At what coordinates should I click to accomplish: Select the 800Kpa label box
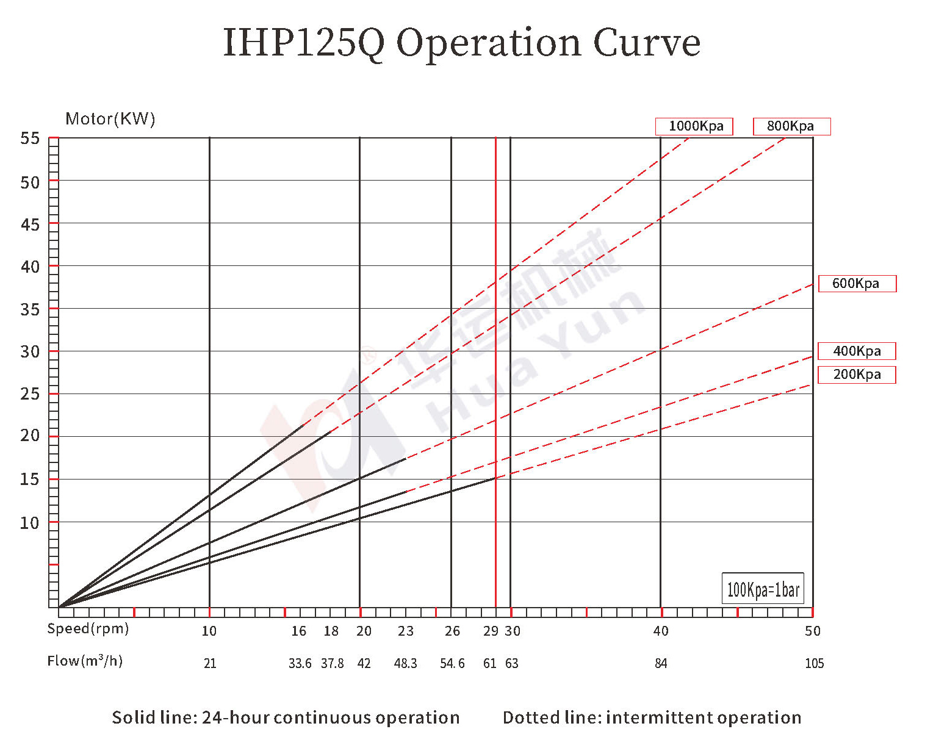click(x=791, y=126)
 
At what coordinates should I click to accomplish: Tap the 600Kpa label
click(x=857, y=284)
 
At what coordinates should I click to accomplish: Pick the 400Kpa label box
click(x=857, y=351)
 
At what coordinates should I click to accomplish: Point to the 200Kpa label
click(x=857, y=375)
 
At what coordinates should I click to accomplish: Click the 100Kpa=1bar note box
click(x=763, y=589)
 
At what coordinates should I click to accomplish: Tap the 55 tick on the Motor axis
click(x=30, y=139)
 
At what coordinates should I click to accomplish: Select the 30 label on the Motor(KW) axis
click(x=30, y=351)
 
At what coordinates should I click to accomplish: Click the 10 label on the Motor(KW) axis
click(x=30, y=523)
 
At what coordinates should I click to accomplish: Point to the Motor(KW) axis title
click(x=110, y=119)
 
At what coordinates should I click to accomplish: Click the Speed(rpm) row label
click(x=88, y=629)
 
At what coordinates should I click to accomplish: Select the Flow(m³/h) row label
click(x=85, y=661)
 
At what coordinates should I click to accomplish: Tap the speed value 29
click(x=491, y=631)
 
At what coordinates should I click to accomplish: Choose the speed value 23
click(x=406, y=631)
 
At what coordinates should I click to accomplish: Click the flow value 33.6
click(x=300, y=664)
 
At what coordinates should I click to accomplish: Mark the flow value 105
click(x=814, y=664)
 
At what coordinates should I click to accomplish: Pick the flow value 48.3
click(x=406, y=664)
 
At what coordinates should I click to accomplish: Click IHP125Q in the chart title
click(x=304, y=43)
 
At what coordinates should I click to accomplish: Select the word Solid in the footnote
click(x=132, y=718)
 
